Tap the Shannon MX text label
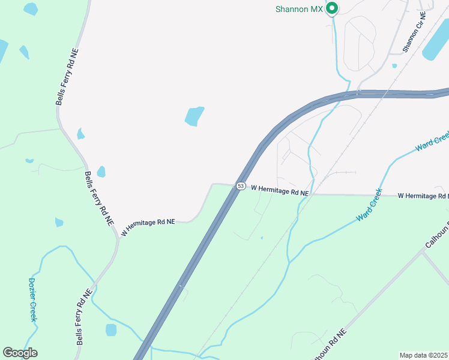[299, 9]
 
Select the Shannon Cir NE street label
[414, 31]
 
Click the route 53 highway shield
[240, 187]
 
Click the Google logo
[20, 353]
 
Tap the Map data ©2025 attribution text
[424, 355]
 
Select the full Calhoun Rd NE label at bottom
[328, 346]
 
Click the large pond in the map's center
[194, 116]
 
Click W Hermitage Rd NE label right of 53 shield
[280, 190]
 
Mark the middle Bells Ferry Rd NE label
[98, 197]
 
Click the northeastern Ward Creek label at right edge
[432, 141]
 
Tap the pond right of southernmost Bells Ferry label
[111, 330]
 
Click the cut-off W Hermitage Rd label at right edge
[423, 196]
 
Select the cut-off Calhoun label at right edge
[436, 238]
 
